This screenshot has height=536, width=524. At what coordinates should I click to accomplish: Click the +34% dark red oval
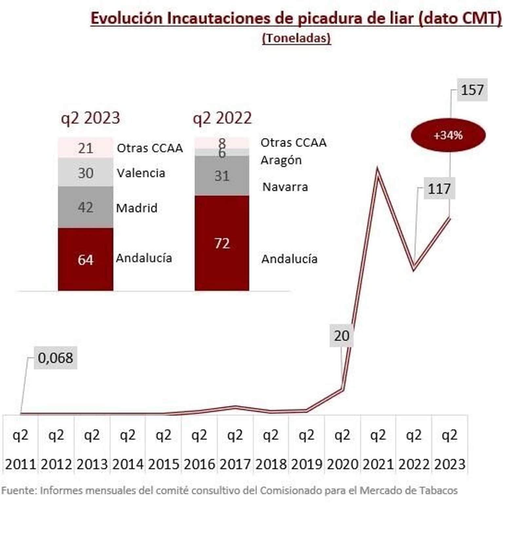click(448, 135)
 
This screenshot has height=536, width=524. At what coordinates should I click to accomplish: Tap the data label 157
click(472, 90)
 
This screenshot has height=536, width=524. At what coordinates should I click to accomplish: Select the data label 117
click(439, 189)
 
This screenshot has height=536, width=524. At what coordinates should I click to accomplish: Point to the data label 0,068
click(55, 358)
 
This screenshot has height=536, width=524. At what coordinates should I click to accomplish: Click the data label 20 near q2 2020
click(341, 335)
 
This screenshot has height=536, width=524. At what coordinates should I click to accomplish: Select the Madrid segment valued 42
click(85, 207)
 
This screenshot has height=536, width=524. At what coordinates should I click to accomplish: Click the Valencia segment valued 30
click(85, 173)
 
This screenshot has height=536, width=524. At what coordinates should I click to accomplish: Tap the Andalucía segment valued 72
click(222, 243)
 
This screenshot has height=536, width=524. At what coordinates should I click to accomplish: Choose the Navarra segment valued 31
click(222, 176)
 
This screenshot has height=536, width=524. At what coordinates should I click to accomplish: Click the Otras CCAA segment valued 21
click(85, 148)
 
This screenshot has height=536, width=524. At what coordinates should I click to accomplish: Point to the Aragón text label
click(281, 160)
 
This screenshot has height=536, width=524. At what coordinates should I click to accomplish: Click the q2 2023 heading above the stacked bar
click(90, 118)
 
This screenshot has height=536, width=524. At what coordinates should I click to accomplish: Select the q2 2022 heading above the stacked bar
click(222, 118)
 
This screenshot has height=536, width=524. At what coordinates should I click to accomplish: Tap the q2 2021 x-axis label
click(378, 449)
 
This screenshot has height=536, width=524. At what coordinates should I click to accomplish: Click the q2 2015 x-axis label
click(163, 449)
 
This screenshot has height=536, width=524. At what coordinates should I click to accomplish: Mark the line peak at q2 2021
click(378, 170)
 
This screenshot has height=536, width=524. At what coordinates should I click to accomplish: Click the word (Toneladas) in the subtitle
click(296, 38)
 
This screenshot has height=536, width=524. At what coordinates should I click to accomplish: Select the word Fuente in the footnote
click(18, 490)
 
